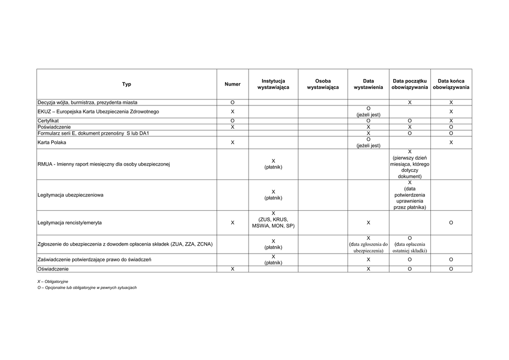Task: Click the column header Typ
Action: [127, 84]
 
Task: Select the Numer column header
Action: [232, 84]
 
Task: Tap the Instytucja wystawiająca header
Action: [273, 84]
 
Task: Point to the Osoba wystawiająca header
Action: [323, 84]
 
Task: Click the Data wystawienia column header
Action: [368, 84]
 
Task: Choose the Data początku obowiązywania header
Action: [410, 84]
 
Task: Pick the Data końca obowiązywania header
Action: [451, 84]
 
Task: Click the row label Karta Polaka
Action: [52, 142]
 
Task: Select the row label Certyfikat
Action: [48, 121]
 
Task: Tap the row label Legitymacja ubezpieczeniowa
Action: [71, 195]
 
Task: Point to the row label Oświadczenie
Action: [53, 269]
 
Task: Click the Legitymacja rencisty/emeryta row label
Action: [70, 223]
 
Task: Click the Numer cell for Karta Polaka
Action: [232, 142]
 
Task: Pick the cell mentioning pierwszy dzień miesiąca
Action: [410, 164]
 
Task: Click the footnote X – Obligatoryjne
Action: [53, 281]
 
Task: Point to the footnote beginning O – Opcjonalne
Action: [87, 287]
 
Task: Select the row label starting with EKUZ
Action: [98, 111]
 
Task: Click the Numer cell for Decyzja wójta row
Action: [232, 102]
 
